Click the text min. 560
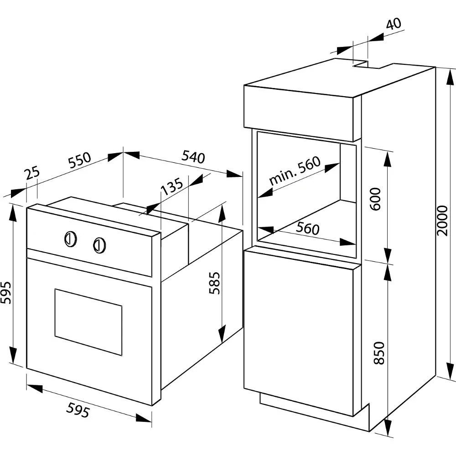[295, 171]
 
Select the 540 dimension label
[193, 157]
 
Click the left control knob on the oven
[70, 238]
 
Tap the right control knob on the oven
[100, 245]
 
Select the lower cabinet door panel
[299, 331]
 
